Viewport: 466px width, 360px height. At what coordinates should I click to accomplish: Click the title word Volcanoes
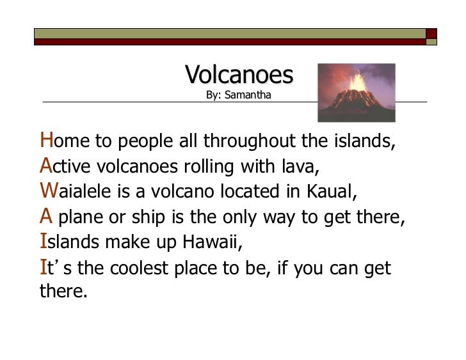pos(239,75)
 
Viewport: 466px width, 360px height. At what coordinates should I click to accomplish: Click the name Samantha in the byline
pos(251,96)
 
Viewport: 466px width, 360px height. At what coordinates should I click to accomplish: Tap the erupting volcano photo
pos(357,92)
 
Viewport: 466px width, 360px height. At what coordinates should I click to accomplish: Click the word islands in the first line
pos(365,141)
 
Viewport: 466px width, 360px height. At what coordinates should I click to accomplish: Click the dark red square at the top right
pos(431,33)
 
